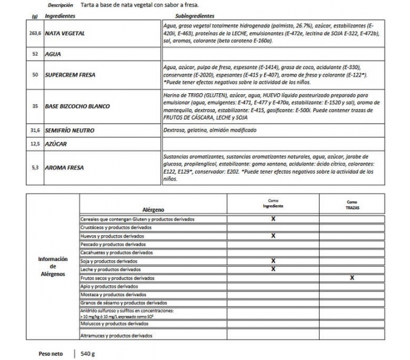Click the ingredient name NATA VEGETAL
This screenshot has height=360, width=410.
[65, 33]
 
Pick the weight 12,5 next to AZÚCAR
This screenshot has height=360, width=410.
[35, 143]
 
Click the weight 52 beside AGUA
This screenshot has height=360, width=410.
[35, 54]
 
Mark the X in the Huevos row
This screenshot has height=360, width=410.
[273, 236]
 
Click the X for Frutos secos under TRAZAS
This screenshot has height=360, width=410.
[351, 277]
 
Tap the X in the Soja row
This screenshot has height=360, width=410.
[273, 260]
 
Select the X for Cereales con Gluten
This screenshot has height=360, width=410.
[273, 219]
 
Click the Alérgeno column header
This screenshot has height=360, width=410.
[153, 209]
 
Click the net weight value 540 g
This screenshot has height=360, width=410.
[88, 354]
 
